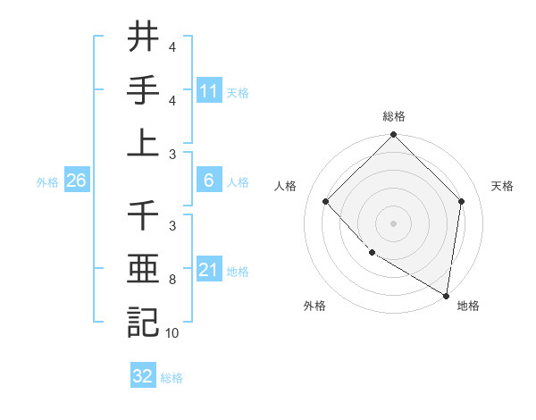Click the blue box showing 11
point(208,90)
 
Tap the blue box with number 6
point(208,181)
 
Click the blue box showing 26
point(76,181)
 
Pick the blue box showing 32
point(143,376)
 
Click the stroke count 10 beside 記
point(172,333)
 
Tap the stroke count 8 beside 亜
point(172,280)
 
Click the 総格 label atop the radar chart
point(393,117)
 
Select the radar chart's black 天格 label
point(503,186)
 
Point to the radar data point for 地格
point(446,295)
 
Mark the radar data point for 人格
point(326,201)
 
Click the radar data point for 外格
point(372,253)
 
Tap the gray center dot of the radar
point(393,223)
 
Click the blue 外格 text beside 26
point(47,181)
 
